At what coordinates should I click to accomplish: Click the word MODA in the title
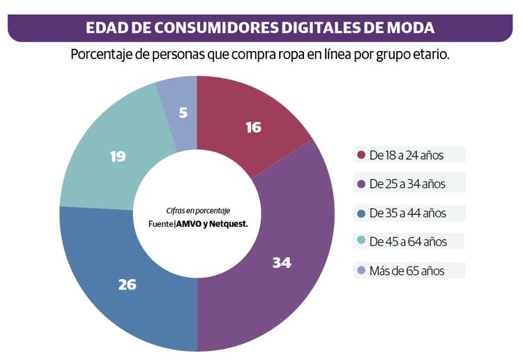[x=409, y=28]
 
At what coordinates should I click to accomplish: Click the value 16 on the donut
[x=253, y=128]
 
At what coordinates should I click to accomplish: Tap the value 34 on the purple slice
[x=282, y=263]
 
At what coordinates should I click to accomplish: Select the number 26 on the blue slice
[x=127, y=285]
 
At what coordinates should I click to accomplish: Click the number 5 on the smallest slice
[x=183, y=112]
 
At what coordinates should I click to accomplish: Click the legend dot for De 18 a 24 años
[x=361, y=155]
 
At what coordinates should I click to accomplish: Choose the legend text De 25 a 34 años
[x=407, y=184]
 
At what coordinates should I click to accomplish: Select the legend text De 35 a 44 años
[x=408, y=213]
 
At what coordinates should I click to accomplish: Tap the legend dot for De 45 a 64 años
[x=361, y=242]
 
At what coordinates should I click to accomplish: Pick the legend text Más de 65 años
[x=407, y=271]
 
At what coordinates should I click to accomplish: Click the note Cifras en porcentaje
[x=198, y=211]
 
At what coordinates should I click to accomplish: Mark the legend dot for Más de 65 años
[x=361, y=271]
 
